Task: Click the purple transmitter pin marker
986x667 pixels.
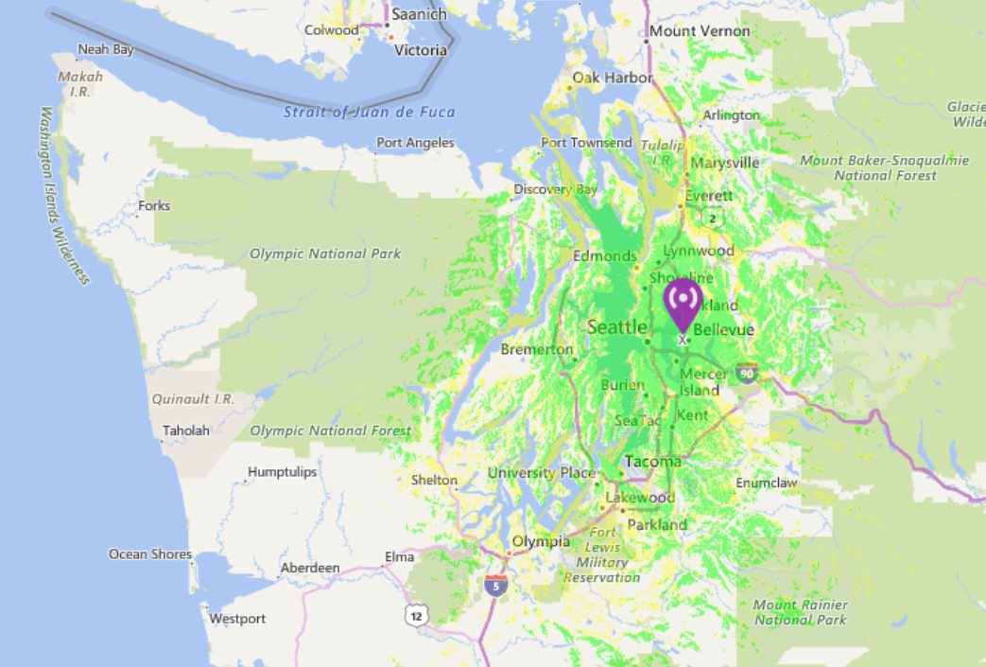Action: pos(683,304)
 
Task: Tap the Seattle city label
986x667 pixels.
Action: pos(616,327)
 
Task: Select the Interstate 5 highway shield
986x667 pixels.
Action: pos(496,585)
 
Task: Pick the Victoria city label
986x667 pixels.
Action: pos(420,50)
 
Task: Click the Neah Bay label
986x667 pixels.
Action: pos(105,49)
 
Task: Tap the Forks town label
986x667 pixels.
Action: pos(154,205)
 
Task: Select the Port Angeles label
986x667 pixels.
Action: pos(415,143)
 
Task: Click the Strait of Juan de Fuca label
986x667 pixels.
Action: pos(370,112)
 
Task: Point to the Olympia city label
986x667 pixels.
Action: pos(540,541)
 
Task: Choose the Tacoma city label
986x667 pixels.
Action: pos(653,462)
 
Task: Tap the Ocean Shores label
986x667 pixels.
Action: pos(149,553)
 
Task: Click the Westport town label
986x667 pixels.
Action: pos(237,619)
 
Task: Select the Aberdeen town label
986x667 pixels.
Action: pos(309,568)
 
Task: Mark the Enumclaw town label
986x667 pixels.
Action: pos(767,483)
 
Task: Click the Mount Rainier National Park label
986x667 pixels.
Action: pos(800,612)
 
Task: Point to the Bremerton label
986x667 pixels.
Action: pos(536,349)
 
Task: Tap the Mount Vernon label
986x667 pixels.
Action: pos(699,31)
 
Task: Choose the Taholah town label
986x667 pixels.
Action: pos(186,430)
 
